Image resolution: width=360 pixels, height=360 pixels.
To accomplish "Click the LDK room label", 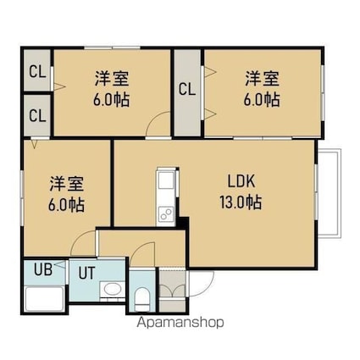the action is pos(241,181).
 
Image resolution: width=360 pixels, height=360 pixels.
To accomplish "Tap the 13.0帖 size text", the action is pos(241,202).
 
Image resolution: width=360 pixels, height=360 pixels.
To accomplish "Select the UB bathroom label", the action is pos(43,269).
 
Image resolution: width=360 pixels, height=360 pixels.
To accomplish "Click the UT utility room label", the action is pos(86,273).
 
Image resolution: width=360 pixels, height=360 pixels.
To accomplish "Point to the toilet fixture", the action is pos(141,299).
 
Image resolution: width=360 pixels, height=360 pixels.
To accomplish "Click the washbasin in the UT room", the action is pos(113,289).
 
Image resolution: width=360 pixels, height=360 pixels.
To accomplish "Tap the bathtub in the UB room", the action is pos(44,299).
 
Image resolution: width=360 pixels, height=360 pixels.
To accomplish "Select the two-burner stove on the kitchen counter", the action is pos(166,214).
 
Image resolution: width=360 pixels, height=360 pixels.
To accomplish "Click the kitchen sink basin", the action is pos(166,180).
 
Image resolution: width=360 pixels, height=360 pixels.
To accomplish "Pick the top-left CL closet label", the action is pos(37,72).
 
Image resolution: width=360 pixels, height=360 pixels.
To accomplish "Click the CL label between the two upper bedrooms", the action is pos(187,89).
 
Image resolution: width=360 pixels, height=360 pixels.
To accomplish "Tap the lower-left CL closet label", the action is pos(37,116).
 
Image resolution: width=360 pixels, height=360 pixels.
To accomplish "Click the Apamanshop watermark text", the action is pos(180,322).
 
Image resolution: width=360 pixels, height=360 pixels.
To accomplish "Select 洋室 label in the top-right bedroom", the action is pos(263,79).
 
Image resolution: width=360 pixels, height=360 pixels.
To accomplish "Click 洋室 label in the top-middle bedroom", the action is pos(112,79).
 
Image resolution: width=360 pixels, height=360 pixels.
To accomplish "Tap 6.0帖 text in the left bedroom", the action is pos(66,205).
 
